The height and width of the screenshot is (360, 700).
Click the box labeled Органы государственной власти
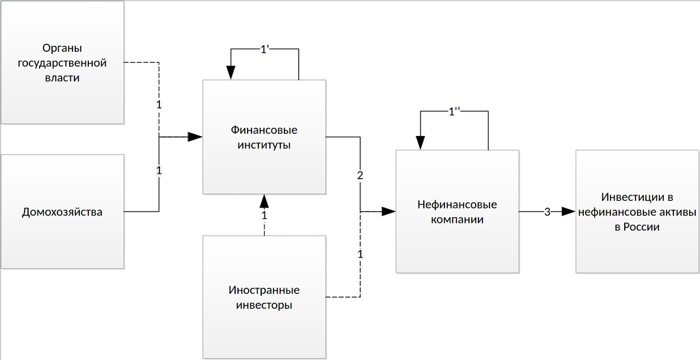coord(62,63)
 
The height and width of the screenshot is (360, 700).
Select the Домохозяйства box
coord(62,212)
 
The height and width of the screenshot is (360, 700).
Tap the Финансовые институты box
coord(263,137)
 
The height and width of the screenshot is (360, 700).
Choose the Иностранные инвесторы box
coord(263,297)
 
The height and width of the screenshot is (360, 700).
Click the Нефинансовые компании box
coord(457,212)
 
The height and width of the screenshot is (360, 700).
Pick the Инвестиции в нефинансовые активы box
coord(636,212)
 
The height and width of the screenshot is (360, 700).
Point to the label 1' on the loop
coord(265,49)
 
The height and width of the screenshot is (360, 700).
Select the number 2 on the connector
coord(360,175)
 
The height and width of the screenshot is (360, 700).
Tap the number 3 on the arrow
coord(547,212)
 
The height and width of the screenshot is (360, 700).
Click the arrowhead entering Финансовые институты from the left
coord(196,137)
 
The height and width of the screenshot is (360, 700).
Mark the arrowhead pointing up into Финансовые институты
coord(264,200)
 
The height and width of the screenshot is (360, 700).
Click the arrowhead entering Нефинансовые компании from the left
coord(389,212)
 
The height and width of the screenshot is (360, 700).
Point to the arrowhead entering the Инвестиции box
coord(569,212)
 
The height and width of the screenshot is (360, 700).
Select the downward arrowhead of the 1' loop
coord(230,72)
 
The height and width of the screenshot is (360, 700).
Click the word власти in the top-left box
coord(62,78)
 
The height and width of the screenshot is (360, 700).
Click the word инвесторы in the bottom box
coord(263,305)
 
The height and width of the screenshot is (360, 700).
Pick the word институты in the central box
coord(263,145)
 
